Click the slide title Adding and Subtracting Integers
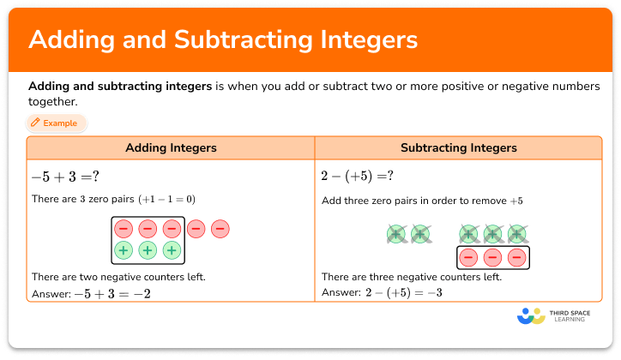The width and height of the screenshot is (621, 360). click(x=223, y=39)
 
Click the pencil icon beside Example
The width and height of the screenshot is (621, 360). click(x=35, y=123)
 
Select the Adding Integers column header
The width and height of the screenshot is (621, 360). click(x=171, y=148)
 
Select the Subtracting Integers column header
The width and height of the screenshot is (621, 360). click(x=459, y=148)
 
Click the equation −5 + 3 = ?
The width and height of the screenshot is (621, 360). click(x=66, y=176)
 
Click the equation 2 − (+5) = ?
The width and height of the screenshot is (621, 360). click(x=358, y=176)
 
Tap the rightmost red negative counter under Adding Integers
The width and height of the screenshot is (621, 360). click(x=220, y=229)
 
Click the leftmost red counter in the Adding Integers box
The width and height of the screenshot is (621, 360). click(x=124, y=229)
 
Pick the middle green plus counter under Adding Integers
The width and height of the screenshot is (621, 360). click(x=148, y=250)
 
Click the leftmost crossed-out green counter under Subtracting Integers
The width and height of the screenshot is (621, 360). click(x=395, y=233)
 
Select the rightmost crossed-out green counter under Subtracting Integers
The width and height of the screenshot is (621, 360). click(x=516, y=233)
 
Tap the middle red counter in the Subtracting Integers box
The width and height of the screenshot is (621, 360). click(x=492, y=257)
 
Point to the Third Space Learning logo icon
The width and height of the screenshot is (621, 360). click(x=532, y=316)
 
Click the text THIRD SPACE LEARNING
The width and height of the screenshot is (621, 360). click(x=575, y=317)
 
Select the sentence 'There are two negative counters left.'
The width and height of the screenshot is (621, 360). click(x=118, y=277)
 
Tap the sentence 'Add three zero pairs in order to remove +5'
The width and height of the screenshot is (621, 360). click(x=422, y=201)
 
